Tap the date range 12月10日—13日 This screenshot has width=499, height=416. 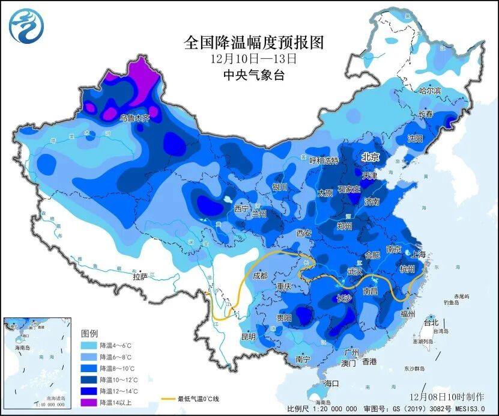pos(254,60)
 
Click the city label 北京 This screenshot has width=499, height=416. pos(370,157)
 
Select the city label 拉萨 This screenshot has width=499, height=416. pos(140,277)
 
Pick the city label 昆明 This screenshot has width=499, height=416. pos(249,336)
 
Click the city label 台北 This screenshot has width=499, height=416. pos(431,322)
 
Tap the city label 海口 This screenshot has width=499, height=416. pos(331,383)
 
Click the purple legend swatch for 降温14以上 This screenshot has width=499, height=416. pos(89,402)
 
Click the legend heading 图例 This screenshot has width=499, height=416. pos(89,332)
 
